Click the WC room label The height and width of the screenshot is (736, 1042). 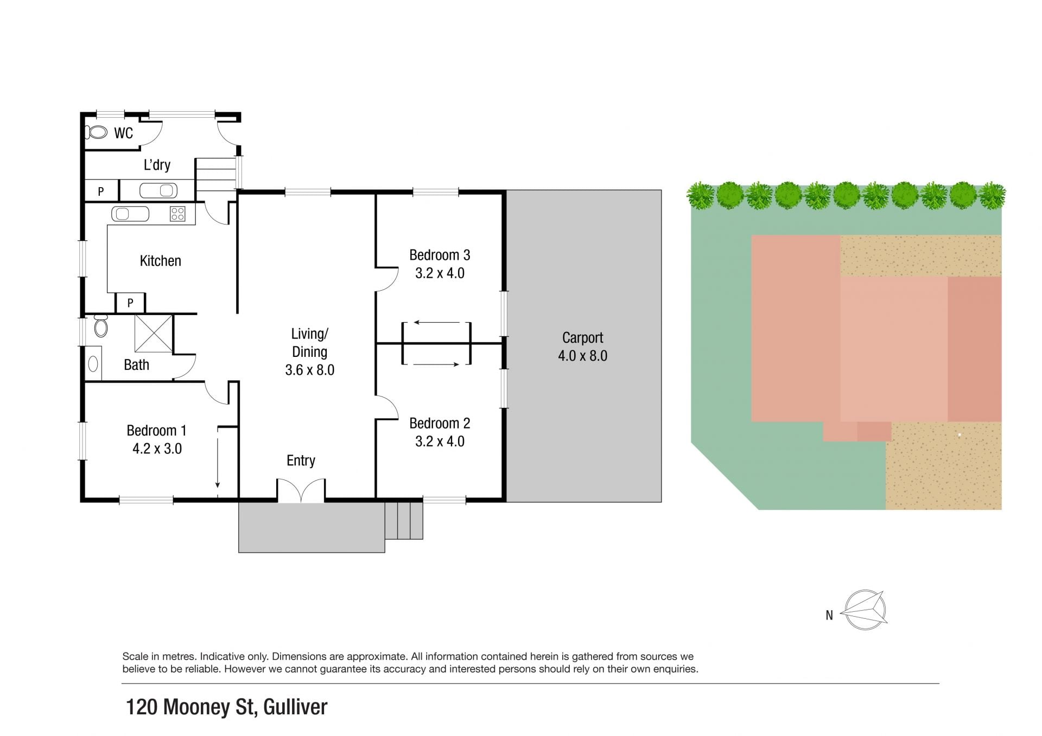123,133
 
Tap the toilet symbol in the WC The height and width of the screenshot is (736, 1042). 96,132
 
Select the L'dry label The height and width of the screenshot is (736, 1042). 157,165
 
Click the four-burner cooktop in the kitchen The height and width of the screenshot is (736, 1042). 177,214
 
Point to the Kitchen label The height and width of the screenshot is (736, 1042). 160,261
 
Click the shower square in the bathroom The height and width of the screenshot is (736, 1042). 154,333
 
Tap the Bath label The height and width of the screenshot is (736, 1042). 136,365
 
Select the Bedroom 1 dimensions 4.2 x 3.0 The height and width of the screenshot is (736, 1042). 157,449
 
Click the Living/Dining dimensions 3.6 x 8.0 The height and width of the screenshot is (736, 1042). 309,370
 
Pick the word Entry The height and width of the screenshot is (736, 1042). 301,460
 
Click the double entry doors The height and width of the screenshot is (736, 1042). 301,490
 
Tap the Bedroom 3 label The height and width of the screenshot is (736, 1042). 440,255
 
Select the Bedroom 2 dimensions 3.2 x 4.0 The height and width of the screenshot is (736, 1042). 440,441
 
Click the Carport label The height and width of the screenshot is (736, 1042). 582,338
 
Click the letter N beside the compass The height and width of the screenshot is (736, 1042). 829,615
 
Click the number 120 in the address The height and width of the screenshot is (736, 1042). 142,707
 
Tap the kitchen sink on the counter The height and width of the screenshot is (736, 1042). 130,214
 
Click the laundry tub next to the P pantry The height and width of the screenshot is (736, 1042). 158,190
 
